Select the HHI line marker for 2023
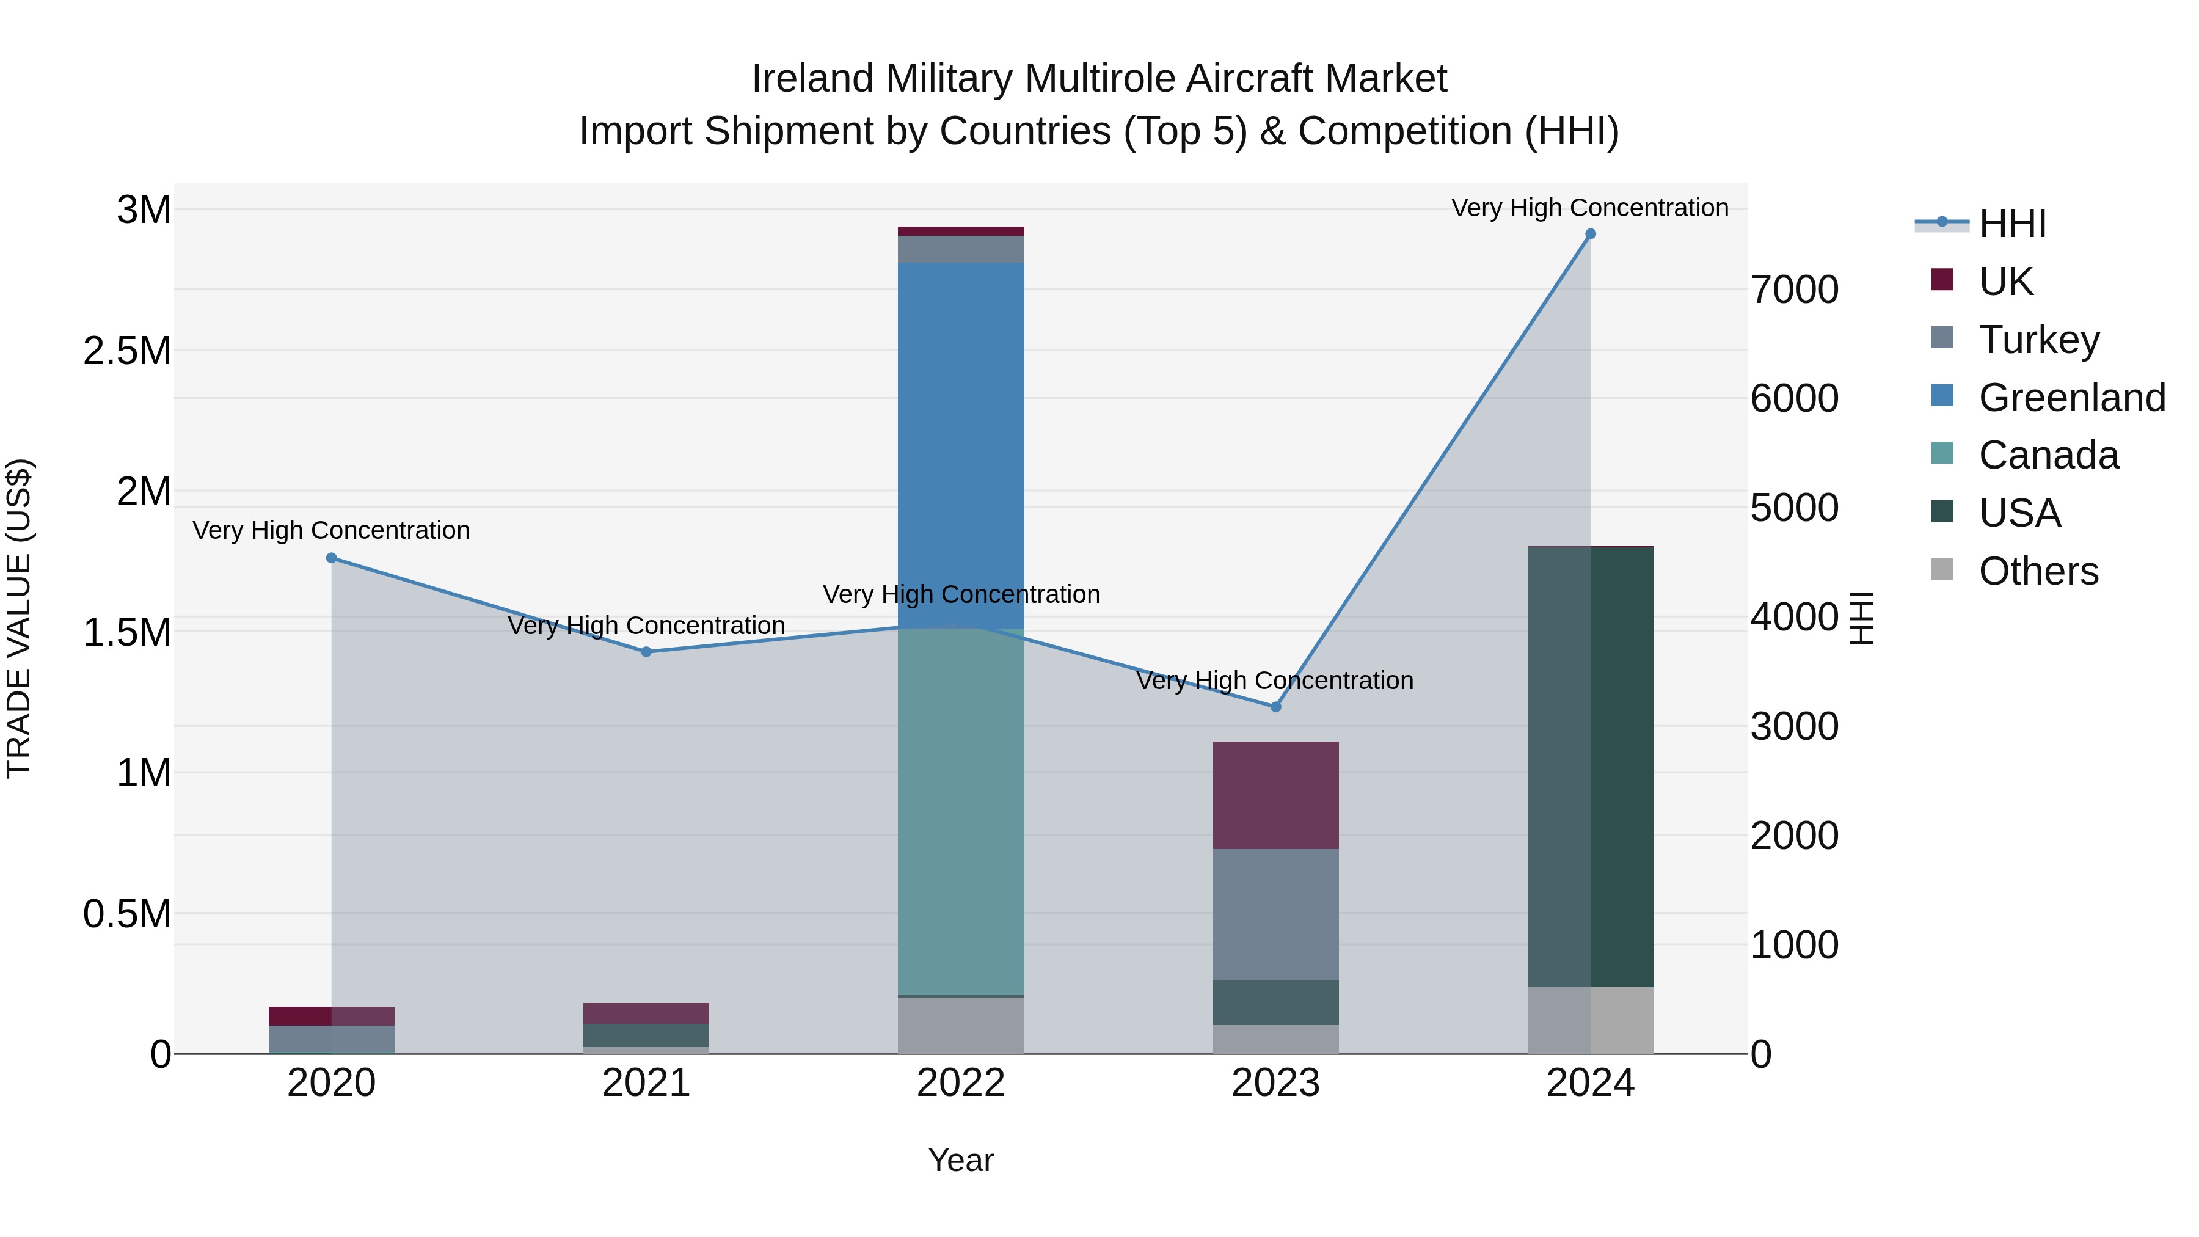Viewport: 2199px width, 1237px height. coord(1275,707)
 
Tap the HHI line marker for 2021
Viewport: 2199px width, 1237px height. coord(646,652)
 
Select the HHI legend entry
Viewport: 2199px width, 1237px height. coord(2011,224)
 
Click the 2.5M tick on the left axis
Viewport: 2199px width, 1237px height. coord(126,351)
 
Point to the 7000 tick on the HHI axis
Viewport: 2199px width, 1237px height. coord(1795,290)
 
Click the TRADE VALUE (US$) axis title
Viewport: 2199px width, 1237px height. coord(20,618)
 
